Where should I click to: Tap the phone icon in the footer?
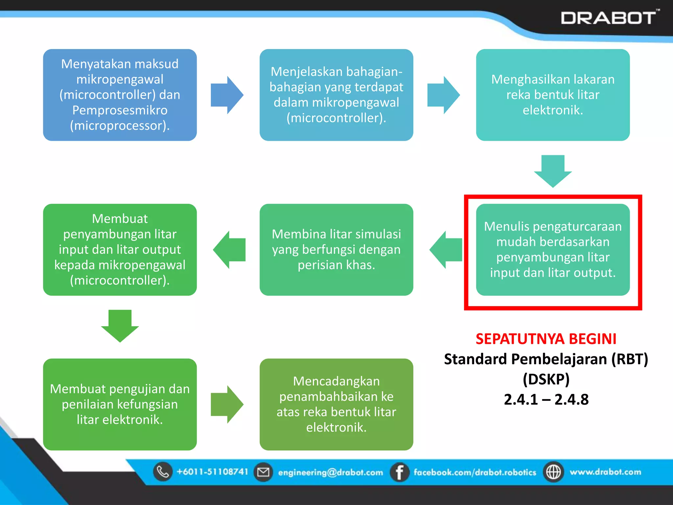click(x=163, y=472)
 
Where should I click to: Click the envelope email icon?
click(x=263, y=472)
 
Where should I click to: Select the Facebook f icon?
click(x=399, y=472)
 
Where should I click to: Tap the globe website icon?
click(x=553, y=472)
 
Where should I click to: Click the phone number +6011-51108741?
click(x=212, y=472)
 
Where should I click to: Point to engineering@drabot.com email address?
click(x=331, y=472)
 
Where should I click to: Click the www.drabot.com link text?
click(x=605, y=472)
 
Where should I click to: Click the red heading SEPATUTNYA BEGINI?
click(x=546, y=339)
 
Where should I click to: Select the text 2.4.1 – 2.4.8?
click(x=546, y=399)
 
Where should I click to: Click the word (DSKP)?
click(x=546, y=379)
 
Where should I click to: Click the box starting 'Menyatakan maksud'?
click(x=120, y=95)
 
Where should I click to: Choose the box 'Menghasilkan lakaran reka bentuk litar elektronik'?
click(x=553, y=95)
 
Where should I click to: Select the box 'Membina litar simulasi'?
click(x=336, y=250)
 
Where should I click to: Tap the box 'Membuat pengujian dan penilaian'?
click(x=120, y=404)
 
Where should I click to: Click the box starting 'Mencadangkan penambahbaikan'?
click(x=336, y=404)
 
